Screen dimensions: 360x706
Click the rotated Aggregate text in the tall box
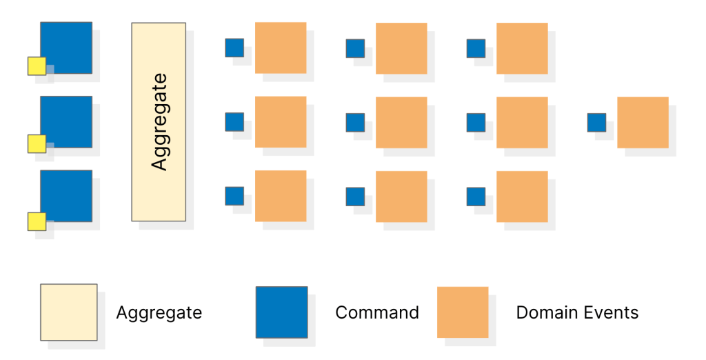(x=159, y=121)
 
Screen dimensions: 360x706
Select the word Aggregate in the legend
(x=159, y=312)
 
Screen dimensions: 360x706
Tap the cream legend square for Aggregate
(x=68, y=312)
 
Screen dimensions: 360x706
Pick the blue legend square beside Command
(x=281, y=312)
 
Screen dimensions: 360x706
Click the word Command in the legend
(x=376, y=312)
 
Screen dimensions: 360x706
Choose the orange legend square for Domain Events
(x=463, y=312)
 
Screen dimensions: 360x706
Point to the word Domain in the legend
(x=545, y=312)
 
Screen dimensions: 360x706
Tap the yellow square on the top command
(x=37, y=66)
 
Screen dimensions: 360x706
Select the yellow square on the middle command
(x=37, y=143)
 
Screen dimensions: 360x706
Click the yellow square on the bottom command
(x=37, y=221)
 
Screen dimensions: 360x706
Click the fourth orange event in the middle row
(x=643, y=122)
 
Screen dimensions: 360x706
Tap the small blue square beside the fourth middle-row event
(x=596, y=123)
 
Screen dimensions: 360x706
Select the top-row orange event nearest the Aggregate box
(x=281, y=48)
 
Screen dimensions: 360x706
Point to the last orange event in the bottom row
(x=522, y=197)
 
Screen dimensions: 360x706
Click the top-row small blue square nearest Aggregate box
(x=234, y=48)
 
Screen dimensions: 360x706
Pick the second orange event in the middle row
(x=401, y=122)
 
